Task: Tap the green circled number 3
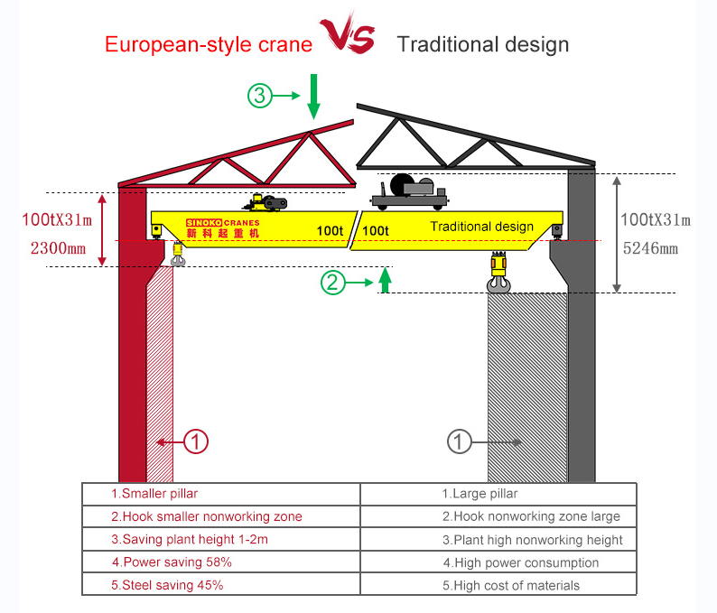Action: pyautogui.click(x=261, y=95)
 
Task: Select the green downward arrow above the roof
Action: pyautogui.click(x=313, y=97)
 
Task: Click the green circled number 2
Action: pyautogui.click(x=333, y=283)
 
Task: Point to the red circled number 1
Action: pyautogui.click(x=196, y=441)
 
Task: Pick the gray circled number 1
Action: pyautogui.click(x=461, y=441)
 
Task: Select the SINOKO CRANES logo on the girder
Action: pyautogui.click(x=222, y=228)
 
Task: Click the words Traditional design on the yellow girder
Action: pyautogui.click(x=481, y=227)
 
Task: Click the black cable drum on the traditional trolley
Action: pyautogui.click(x=402, y=185)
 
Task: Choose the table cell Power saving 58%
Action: pyautogui.click(x=172, y=562)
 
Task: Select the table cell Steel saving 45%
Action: pyautogui.click(x=167, y=585)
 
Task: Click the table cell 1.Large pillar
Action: pyautogui.click(x=480, y=494)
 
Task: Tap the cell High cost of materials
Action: pyautogui.click(x=511, y=585)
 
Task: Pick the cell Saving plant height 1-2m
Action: pyautogui.click(x=190, y=540)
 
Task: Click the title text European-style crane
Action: pyautogui.click(x=209, y=44)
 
